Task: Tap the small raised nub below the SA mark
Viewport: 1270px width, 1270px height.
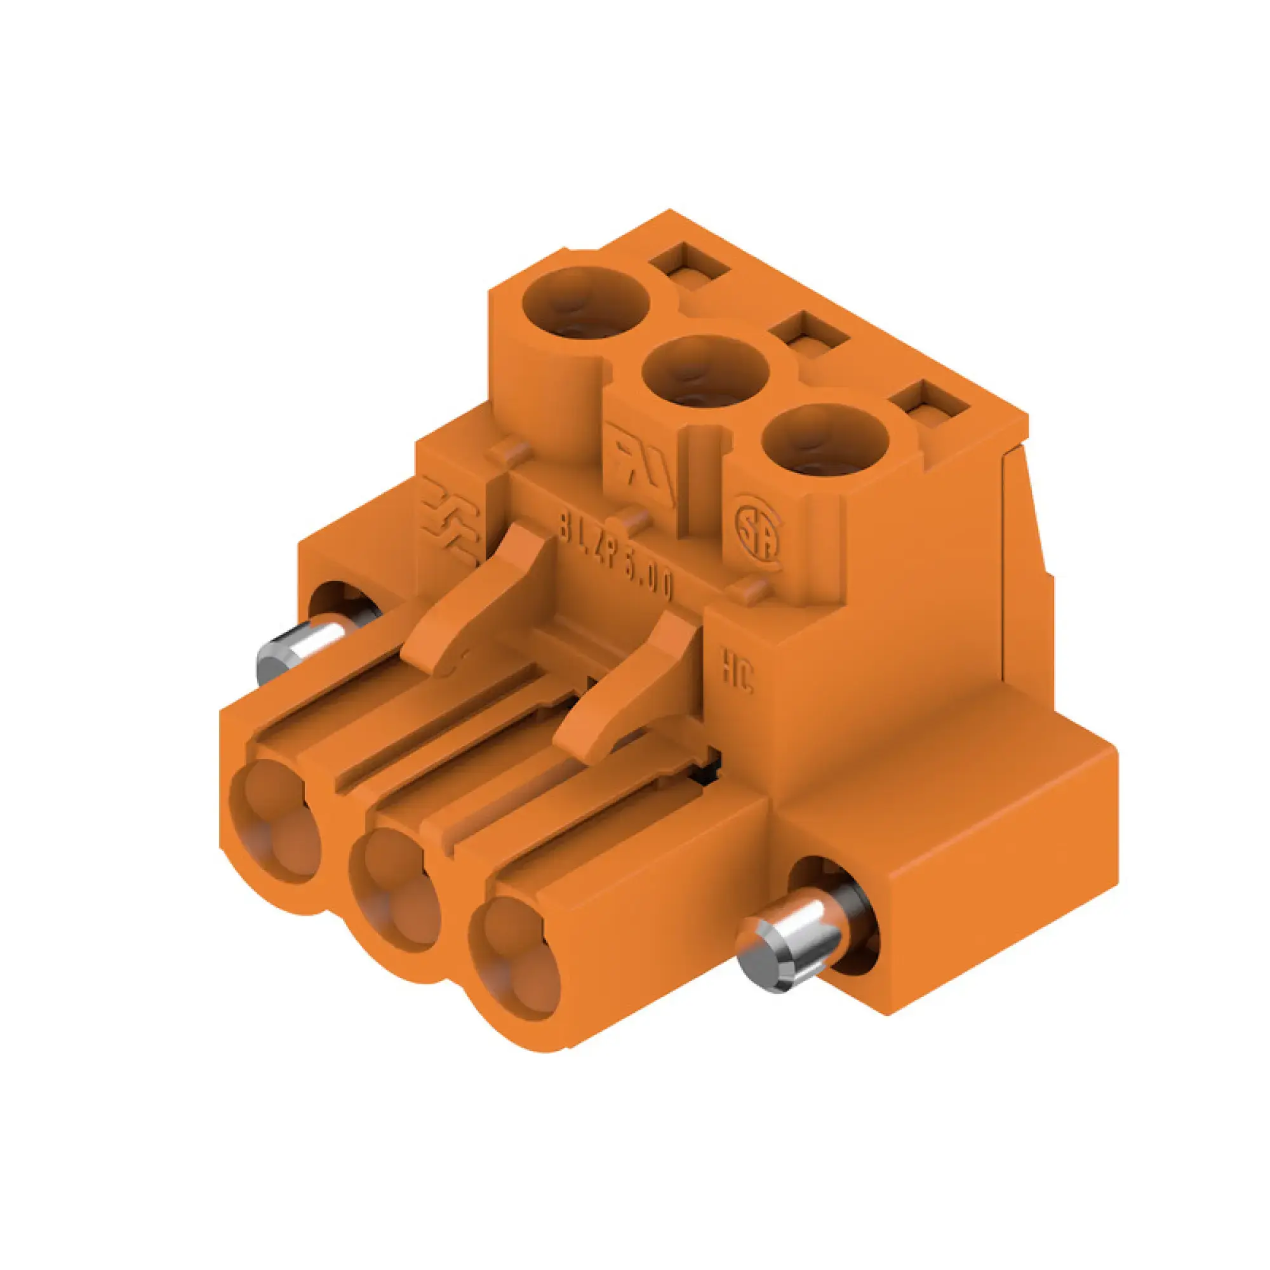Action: pos(751,591)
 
